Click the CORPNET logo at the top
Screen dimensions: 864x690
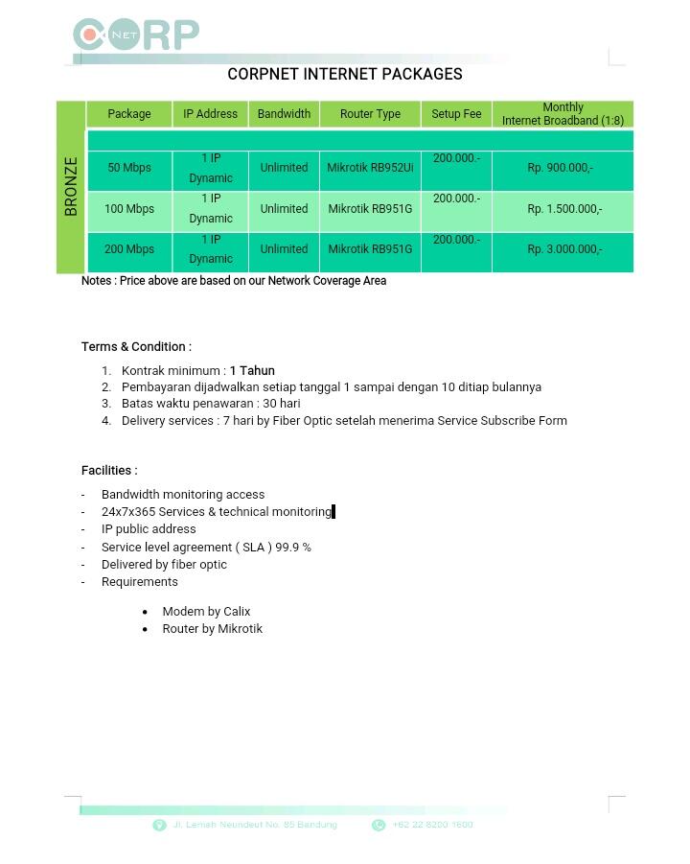pos(135,35)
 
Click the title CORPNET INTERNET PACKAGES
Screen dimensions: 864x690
pos(345,74)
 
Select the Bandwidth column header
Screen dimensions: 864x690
pos(284,114)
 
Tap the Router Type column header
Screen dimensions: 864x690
pos(370,114)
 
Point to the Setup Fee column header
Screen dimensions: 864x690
pos(456,114)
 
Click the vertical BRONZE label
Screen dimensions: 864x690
pos(71,186)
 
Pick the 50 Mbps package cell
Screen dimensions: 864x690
pos(129,168)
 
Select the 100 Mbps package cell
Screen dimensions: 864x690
pos(129,209)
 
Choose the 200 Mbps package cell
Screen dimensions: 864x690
pos(129,249)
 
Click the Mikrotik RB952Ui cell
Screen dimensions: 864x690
pos(370,168)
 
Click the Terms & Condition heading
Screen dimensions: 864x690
pos(136,346)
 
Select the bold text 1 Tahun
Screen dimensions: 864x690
pos(252,370)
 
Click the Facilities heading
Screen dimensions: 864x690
pos(109,470)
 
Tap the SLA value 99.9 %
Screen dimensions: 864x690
pos(293,548)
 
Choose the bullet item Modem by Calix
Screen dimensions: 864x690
pos(206,611)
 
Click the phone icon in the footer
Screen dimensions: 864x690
pos(379,826)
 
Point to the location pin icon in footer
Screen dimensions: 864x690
pos(159,826)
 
